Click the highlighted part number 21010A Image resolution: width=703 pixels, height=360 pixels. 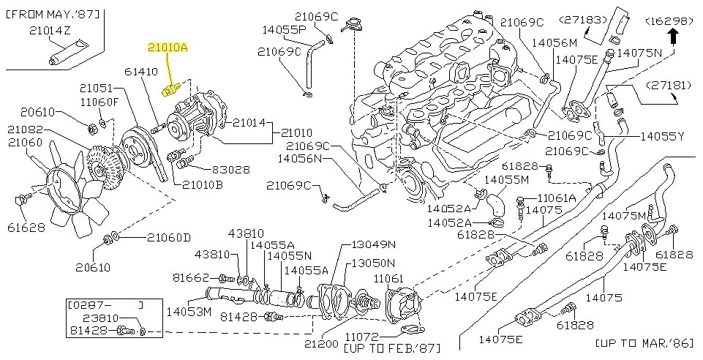pos(168,48)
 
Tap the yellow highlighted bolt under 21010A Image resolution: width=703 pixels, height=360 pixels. pos(170,89)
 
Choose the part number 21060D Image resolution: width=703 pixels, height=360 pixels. pos(168,237)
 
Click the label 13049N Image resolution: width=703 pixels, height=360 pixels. pos(373,244)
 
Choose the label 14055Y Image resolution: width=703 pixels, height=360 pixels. pos(662,136)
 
